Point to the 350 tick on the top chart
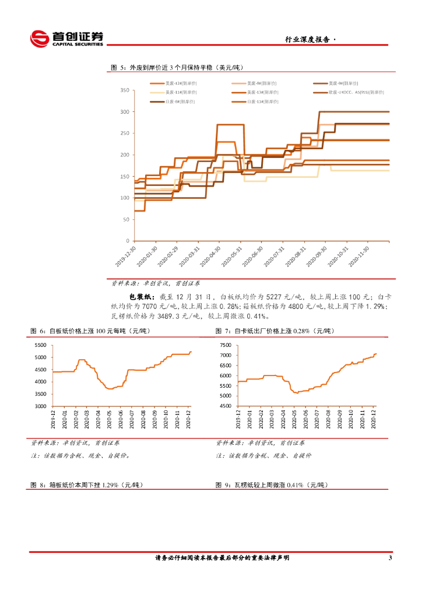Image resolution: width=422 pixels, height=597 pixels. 124,90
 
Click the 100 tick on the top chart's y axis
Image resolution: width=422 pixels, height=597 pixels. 124,198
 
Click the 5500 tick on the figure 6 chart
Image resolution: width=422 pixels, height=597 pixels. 40,345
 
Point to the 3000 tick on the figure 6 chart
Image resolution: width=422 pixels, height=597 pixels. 40,406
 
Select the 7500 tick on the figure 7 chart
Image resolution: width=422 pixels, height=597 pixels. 226,345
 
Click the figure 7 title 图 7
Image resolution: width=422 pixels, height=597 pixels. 223,331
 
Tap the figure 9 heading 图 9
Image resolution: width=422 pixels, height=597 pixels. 223,485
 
